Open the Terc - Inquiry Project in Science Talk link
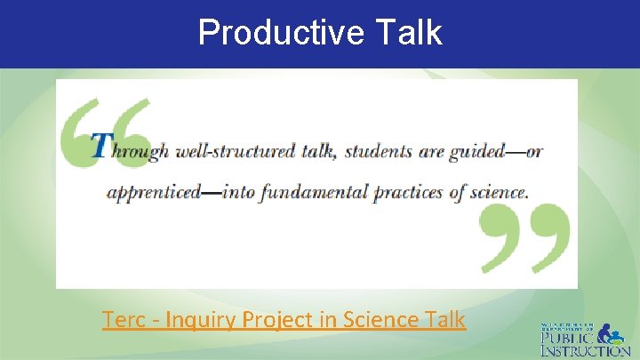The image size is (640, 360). click(x=284, y=319)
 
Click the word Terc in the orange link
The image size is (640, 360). click(x=121, y=319)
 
